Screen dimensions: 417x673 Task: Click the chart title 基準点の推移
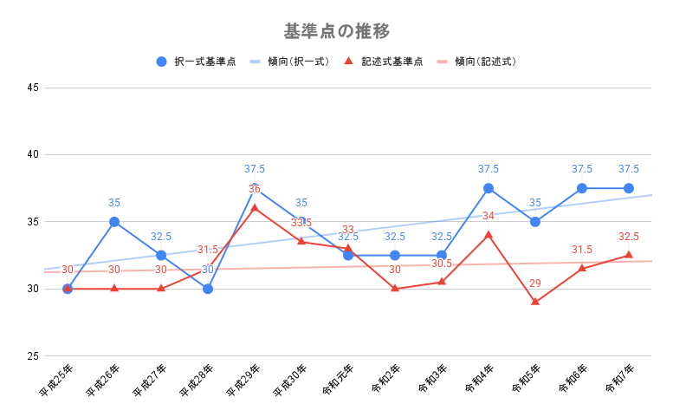click(336, 31)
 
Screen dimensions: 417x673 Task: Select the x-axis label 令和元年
click(336, 379)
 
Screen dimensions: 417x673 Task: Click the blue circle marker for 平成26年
click(114, 222)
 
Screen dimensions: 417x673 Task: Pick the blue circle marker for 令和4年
click(489, 188)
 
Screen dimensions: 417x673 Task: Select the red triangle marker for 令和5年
click(535, 302)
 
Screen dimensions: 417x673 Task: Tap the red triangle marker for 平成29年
click(255, 208)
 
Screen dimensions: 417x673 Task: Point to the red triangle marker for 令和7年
click(629, 255)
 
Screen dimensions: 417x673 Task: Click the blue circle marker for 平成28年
click(208, 289)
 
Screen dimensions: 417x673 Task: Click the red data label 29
click(535, 283)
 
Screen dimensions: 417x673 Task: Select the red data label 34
click(489, 216)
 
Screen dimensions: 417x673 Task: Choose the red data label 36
click(255, 189)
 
